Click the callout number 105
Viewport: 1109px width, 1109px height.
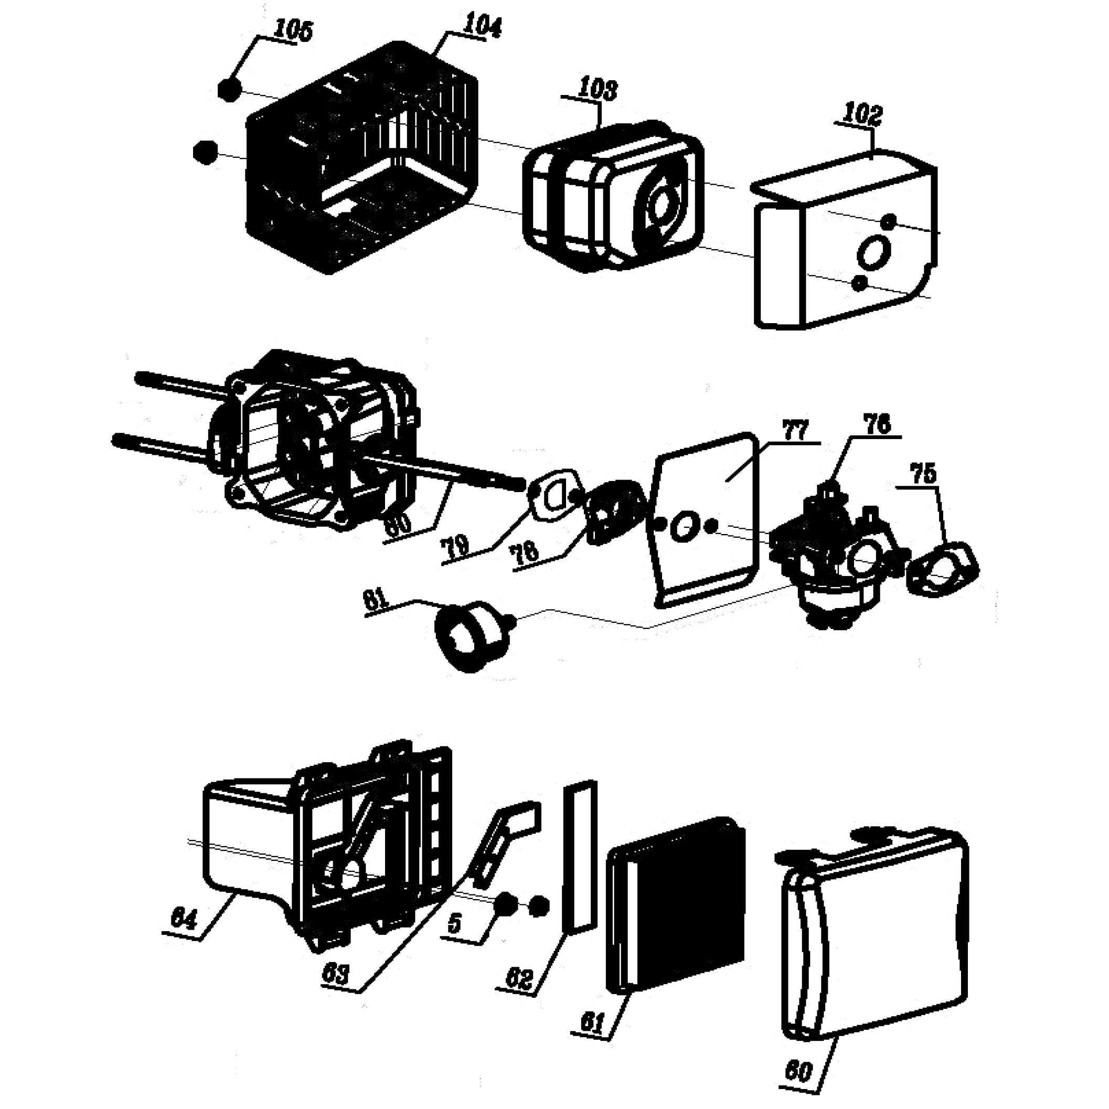pos(294,31)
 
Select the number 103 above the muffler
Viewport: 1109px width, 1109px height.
pos(598,90)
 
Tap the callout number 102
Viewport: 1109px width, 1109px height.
pos(861,115)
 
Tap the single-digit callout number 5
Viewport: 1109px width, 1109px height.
pos(455,940)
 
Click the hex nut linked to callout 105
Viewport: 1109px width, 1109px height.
pos(229,90)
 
